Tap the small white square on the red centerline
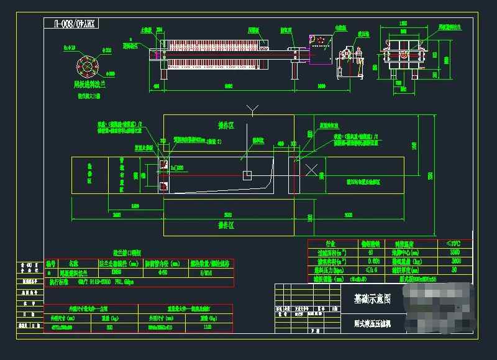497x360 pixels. (x=247, y=175)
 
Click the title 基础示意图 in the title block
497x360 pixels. (x=372, y=298)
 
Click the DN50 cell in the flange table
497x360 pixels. (x=116, y=272)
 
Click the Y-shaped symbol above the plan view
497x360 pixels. (x=252, y=111)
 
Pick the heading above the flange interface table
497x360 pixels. (x=127, y=253)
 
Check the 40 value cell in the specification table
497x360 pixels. (x=372, y=252)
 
